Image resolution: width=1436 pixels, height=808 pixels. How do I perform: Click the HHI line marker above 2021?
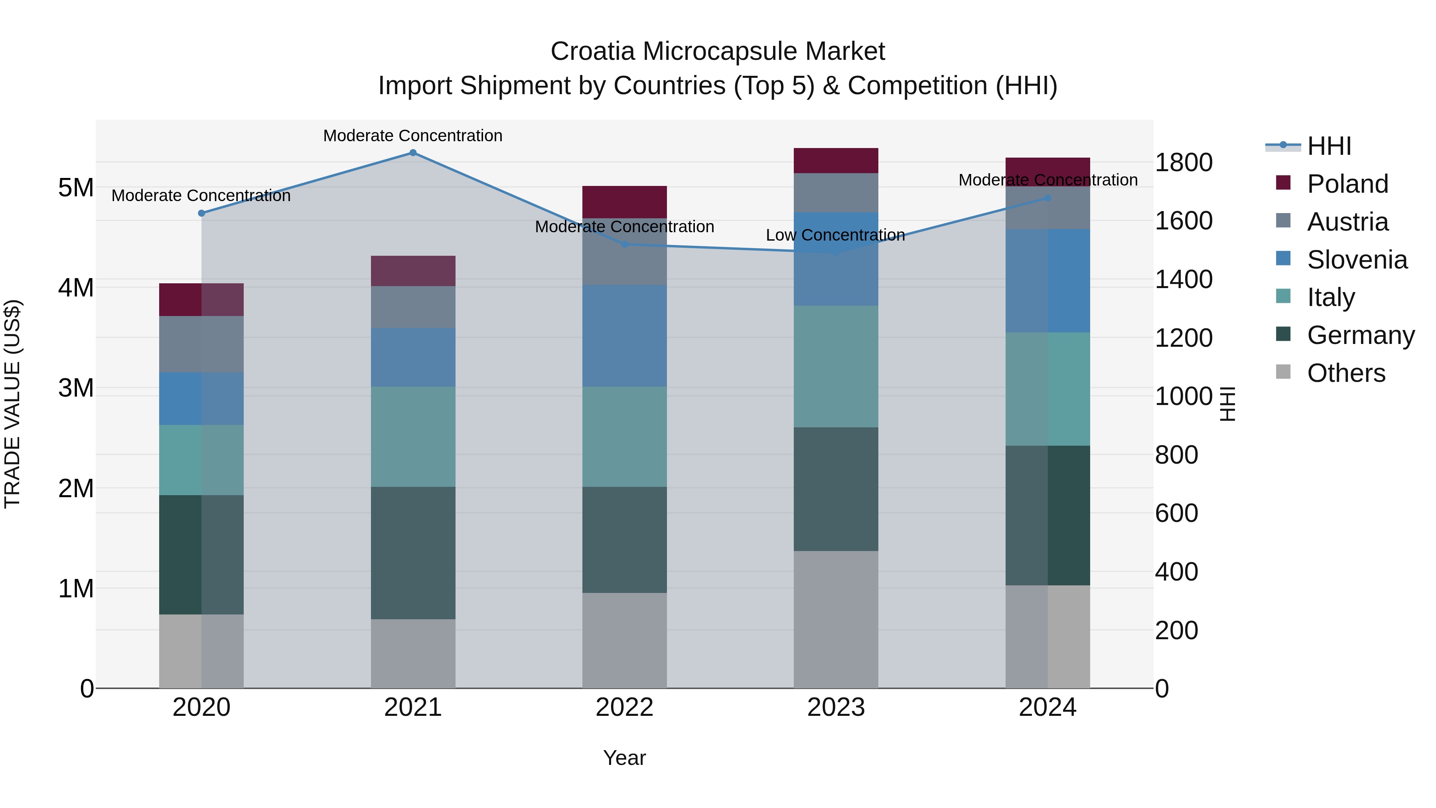413,153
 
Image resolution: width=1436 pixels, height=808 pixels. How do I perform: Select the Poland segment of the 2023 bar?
836,160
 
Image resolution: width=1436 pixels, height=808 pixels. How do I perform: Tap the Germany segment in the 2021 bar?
413,553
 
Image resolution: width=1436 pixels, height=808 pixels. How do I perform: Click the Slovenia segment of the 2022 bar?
624,336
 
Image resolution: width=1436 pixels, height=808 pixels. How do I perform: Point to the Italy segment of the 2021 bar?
413,437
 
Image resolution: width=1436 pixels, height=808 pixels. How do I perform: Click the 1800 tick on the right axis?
1183,163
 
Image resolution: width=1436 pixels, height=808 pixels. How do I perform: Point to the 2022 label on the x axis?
624,707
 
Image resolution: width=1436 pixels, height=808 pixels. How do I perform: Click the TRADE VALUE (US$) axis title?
12,404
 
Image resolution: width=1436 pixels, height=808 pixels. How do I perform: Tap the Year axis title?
624,758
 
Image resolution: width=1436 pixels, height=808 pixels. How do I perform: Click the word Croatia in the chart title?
592,51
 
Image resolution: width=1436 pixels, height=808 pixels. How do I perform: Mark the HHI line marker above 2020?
202,213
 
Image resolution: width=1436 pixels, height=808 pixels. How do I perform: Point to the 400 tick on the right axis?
1176,571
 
